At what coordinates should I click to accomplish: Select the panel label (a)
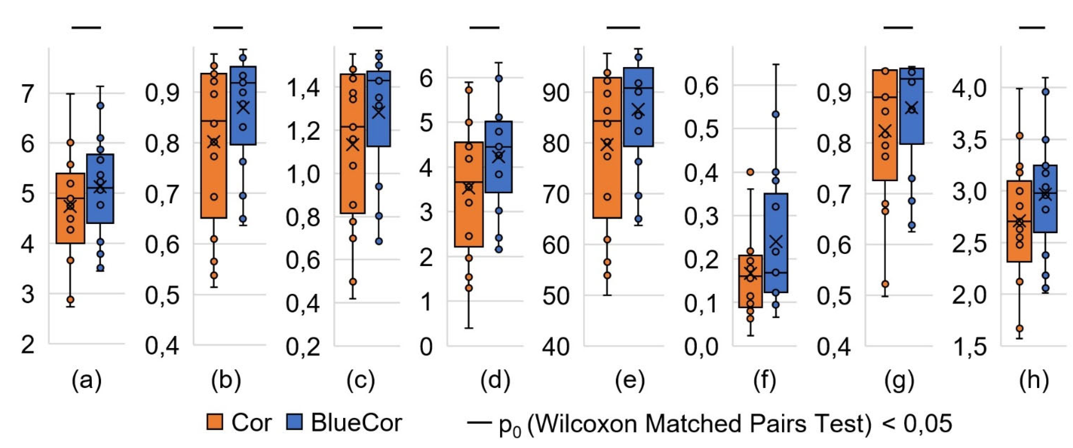click(x=86, y=380)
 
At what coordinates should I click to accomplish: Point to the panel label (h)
click(x=1034, y=380)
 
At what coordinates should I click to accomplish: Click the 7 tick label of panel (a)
click(x=27, y=94)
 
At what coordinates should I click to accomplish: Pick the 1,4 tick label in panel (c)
click(x=303, y=88)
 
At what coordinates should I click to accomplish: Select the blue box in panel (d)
click(x=499, y=157)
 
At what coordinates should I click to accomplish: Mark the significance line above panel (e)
click(x=623, y=27)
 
